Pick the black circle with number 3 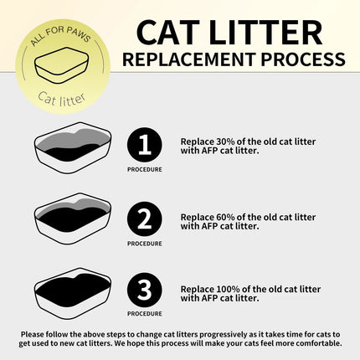[x=145, y=291]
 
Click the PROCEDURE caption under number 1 [x=145, y=170]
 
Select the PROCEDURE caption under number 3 [x=145, y=316]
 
